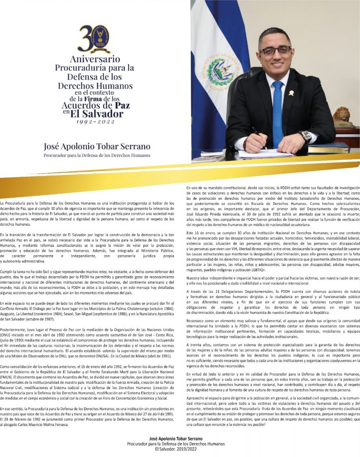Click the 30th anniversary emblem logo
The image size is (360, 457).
point(94,39)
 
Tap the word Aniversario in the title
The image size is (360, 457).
point(94,59)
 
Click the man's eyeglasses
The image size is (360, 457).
point(275,50)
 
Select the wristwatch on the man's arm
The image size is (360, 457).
point(306,137)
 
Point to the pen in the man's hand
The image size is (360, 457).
point(256,133)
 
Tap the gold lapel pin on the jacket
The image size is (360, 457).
point(291,93)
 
